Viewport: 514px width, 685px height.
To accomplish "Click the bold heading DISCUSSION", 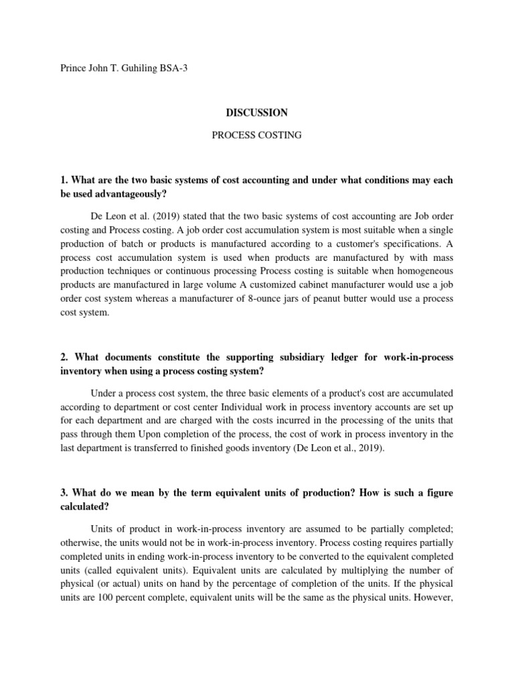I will pos(256,113).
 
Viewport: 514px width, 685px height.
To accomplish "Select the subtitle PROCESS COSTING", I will pos(256,135).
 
